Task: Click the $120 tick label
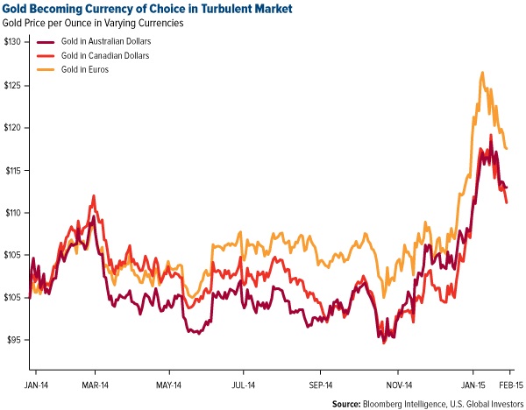click(15, 128)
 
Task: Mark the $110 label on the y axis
click(15, 213)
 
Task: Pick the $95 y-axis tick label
click(17, 340)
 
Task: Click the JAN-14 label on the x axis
click(38, 384)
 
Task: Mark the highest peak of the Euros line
click(482, 73)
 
